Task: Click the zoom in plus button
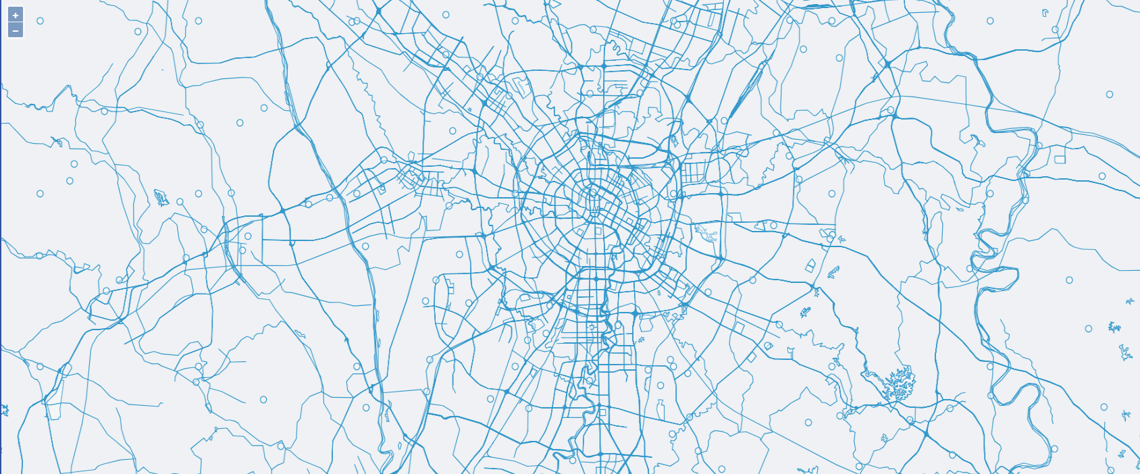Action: [x=16, y=15]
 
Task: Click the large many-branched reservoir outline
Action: [x=899, y=385]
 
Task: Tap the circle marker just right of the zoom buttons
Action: [x=40, y=21]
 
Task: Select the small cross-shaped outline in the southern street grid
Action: [x=592, y=327]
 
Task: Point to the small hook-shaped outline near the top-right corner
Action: [x=1045, y=12]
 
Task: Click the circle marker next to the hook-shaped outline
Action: [x=1055, y=30]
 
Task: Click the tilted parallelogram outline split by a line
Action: [x=811, y=265]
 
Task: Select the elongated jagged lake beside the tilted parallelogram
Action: [x=833, y=272]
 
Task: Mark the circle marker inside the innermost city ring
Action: [x=594, y=193]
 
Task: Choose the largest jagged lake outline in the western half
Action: [x=161, y=197]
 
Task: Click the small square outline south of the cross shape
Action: [x=602, y=412]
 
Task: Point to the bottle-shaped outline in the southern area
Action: [x=660, y=408]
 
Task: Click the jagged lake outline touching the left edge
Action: [x=5, y=409]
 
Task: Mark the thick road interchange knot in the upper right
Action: [x=887, y=63]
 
